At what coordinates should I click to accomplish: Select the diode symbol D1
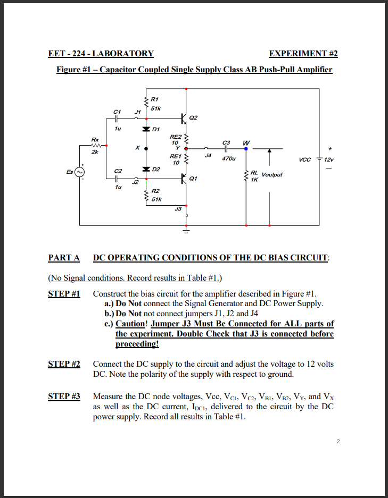(x=146, y=129)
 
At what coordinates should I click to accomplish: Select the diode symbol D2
(x=146, y=169)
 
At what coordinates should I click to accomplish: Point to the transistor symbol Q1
(x=183, y=179)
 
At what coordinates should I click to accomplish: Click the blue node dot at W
(x=246, y=149)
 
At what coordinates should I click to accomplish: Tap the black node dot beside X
(x=146, y=149)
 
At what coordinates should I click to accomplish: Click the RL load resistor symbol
(x=245, y=176)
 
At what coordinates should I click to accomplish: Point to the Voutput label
(x=271, y=174)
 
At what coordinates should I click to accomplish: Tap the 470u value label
(x=227, y=158)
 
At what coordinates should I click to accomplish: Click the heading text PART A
(x=64, y=258)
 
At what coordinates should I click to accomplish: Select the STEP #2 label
(x=64, y=364)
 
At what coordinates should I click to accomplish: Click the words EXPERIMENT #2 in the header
(x=303, y=54)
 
